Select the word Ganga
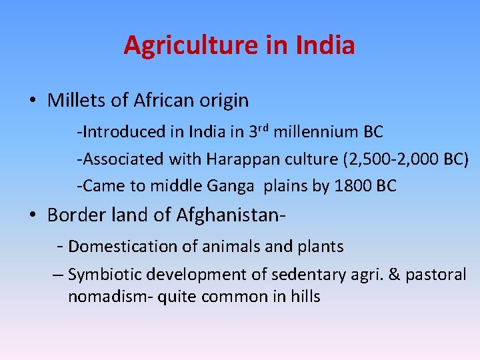coord(234,186)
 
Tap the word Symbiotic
coord(105,275)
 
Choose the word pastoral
coord(437,275)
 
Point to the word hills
coord(305,297)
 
